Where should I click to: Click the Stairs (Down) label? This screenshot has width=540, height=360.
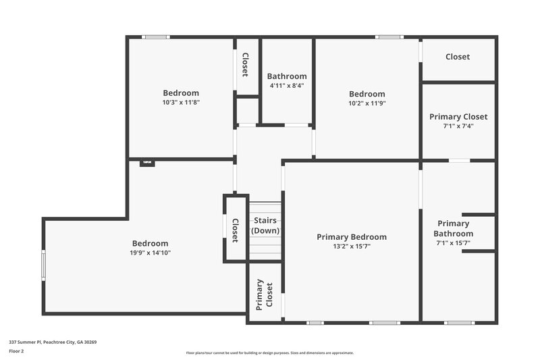pyautogui.click(x=265, y=226)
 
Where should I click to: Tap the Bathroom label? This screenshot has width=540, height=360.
pyautogui.click(x=287, y=76)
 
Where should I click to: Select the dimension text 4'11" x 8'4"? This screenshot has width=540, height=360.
pyautogui.click(x=287, y=86)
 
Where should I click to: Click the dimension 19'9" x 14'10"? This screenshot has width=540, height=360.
pyautogui.click(x=151, y=253)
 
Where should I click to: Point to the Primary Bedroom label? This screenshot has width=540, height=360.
pyautogui.click(x=352, y=237)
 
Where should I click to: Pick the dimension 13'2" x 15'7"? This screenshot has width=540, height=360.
pyautogui.click(x=352, y=247)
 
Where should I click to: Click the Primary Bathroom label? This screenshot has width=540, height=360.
pyautogui.click(x=453, y=228)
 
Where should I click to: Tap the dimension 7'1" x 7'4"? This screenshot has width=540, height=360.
pyautogui.click(x=458, y=126)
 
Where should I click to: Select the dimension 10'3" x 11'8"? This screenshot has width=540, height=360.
pyautogui.click(x=181, y=103)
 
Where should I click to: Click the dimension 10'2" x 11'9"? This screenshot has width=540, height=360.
pyautogui.click(x=367, y=103)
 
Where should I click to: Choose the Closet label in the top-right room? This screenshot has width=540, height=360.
pyautogui.click(x=458, y=57)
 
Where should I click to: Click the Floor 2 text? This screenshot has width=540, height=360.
pyautogui.click(x=16, y=351)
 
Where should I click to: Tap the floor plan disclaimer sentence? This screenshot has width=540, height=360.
pyautogui.click(x=270, y=353)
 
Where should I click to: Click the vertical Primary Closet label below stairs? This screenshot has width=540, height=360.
pyautogui.click(x=265, y=294)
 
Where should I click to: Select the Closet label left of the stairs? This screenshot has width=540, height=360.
pyautogui.click(x=235, y=230)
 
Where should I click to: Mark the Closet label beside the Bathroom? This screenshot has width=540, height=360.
pyautogui.click(x=245, y=65)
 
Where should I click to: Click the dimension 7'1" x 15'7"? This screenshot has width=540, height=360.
pyautogui.click(x=453, y=242)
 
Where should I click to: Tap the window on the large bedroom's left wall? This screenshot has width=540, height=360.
pyautogui.click(x=44, y=265)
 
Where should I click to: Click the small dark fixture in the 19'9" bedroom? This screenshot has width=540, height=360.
pyautogui.click(x=147, y=163)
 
